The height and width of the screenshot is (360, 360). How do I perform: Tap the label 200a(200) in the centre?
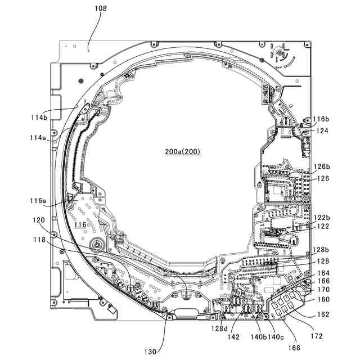(x=182, y=151)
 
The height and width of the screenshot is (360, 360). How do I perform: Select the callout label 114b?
(x=39, y=117)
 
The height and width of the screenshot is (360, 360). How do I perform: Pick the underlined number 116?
(x=80, y=224)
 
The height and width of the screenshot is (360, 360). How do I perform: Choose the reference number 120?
(x=38, y=220)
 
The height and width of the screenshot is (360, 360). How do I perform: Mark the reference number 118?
(x=38, y=240)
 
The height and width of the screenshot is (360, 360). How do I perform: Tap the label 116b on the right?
(x=321, y=119)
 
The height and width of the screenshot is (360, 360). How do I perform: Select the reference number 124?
(x=321, y=130)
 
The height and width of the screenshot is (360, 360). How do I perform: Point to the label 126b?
(x=321, y=166)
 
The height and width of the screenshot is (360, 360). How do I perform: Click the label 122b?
(x=321, y=217)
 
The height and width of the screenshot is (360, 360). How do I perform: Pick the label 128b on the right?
(x=321, y=249)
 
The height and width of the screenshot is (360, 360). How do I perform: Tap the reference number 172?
(x=317, y=336)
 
